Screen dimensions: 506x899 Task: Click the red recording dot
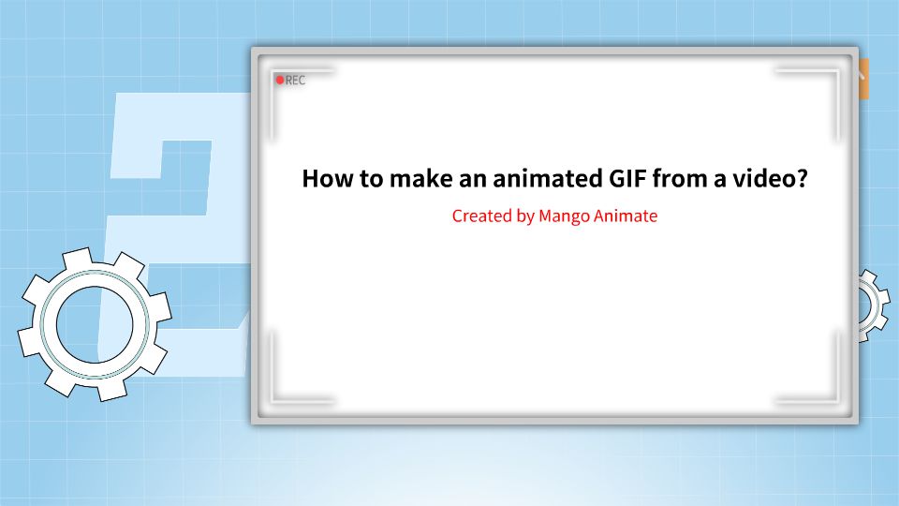pos(279,81)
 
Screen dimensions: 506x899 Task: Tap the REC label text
pos(295,81)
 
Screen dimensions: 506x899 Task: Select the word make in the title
pos(407,179)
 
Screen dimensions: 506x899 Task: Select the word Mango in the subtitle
pos(564,216)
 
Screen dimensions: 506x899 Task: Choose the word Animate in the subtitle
pos(626,216)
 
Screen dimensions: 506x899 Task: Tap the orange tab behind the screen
pos(863,79)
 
